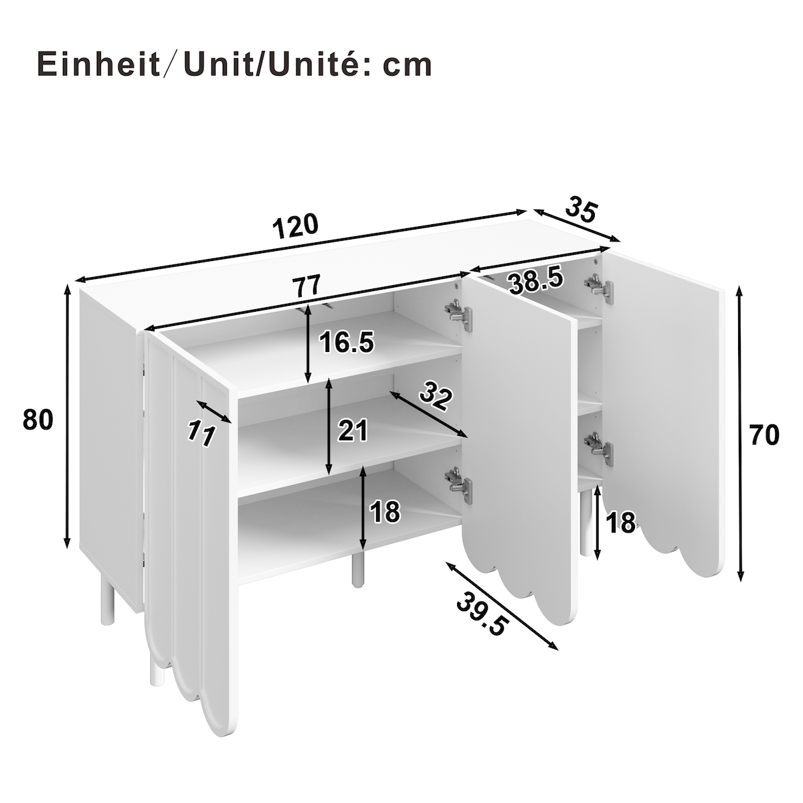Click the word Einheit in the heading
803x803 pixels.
coord(99,64)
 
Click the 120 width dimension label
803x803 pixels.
coord(295,226)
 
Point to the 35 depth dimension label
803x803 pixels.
coord(581,209)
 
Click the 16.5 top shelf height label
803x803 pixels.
coord(347,342)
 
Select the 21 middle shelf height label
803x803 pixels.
coord(353,430)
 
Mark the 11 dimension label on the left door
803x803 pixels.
coord(201,433)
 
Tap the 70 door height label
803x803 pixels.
coord(764,435)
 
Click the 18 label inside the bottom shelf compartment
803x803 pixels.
coord(385,512)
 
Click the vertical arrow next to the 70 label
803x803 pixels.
coord(740,433)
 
